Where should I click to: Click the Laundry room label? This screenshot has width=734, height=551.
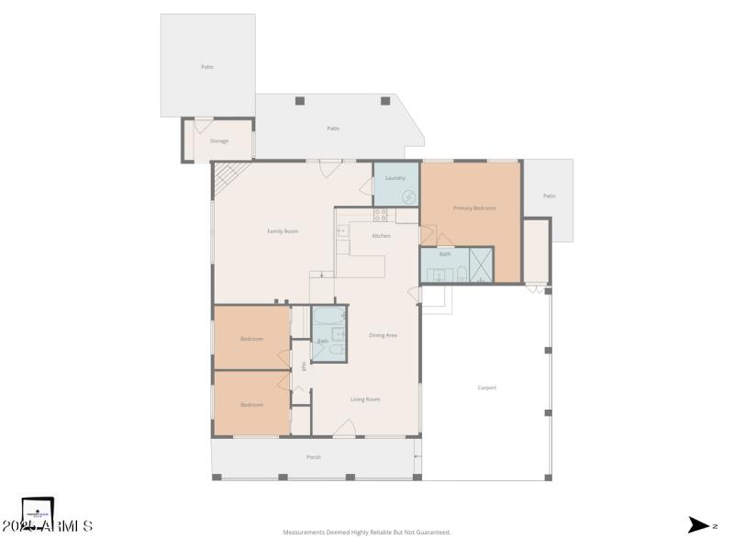click(x=395, y=177)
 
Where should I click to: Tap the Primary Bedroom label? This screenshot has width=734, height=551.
click(x=474, y=208)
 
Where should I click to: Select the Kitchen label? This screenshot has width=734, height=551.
click(x=381, y=236)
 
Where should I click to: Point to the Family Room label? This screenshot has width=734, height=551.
click(x=283, y=231)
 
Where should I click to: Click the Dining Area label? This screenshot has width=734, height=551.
click(x=383, y=335)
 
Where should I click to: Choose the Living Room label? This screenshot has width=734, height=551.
click(x=365, y=399)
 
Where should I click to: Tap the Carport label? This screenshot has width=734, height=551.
click(x=486, y=388)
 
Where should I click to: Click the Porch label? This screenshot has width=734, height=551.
click(x=314, y=456)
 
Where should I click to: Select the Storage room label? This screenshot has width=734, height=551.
click(x=218, y=141)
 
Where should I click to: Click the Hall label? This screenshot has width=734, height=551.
click(x=304, y=365)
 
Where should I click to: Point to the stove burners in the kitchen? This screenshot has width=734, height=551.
click(x=380, y=216)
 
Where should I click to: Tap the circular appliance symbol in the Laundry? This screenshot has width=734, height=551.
click(x=408, y=197)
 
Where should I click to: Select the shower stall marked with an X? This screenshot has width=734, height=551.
click(x=481, y=264)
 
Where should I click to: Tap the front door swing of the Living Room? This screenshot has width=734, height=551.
click(x=345, y=427)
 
